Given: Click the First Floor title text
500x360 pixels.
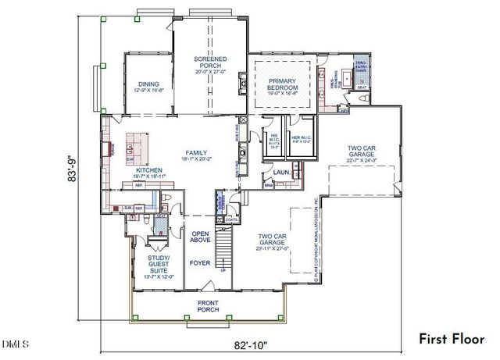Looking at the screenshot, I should [451, 339].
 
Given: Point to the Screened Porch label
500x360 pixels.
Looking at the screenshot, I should [211, 64].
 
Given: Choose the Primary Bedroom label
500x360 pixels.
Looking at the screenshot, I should [283, 84].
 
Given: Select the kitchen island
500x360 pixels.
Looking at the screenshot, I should [134, 144].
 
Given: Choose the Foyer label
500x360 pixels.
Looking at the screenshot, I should [200, 263].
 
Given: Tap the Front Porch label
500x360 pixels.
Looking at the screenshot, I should [208, 306].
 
